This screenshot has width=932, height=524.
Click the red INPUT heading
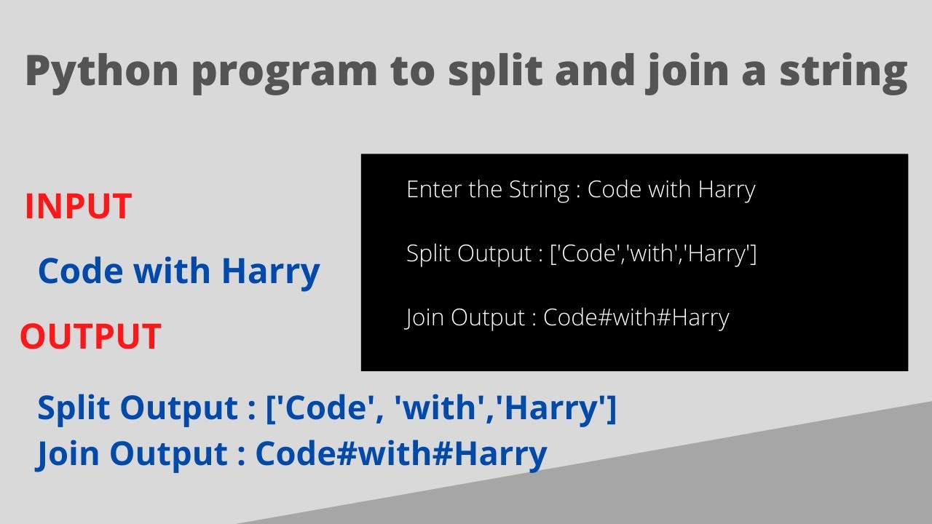click(78, 207)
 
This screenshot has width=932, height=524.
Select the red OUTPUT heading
click(90, 337)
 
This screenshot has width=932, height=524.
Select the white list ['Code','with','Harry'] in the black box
click(654, 254)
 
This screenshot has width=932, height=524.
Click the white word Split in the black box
click(428, 254)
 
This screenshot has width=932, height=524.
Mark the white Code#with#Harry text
click(636, 318)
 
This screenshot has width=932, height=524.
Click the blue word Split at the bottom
click(74, 408)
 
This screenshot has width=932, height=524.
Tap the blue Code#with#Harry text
click(401, 454)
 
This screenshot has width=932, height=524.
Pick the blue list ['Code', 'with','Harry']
click(442, 408)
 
